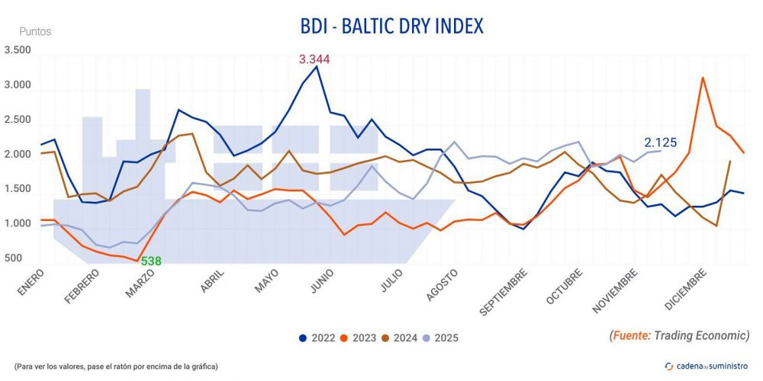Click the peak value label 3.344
(x=314, y=59)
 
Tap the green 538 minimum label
(x=150, y=261)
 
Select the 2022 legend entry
(x=316, y=337)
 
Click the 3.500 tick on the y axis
(x=18, y=50)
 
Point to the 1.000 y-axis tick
(x=18, y=224)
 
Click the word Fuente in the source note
(x=632, y=335)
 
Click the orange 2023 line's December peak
(x=702, y=78)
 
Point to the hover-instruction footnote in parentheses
(x=115, y=367)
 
